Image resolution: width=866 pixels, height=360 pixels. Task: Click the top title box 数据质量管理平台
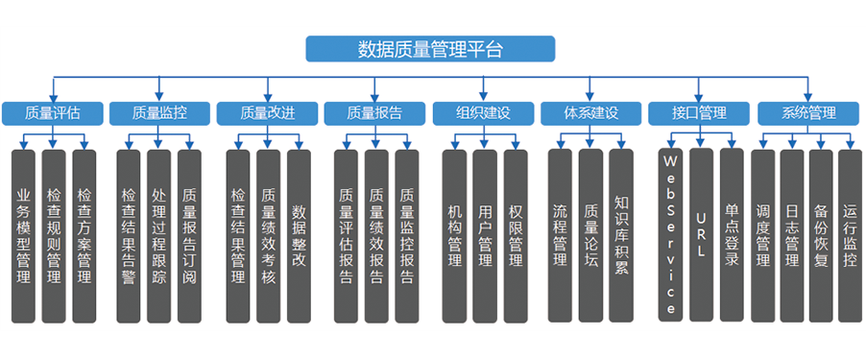click(x=430, y=49)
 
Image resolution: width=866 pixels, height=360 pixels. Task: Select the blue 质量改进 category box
click(x=268, y=113)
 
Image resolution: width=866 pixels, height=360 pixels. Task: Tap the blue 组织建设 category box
click(x=485, y=113)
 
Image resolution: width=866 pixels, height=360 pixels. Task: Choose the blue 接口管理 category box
click(x=700, y=113)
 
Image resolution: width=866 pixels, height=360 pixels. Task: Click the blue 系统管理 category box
click(x=808, y=113)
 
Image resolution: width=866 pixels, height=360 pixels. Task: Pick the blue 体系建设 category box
click(x=591, y=113)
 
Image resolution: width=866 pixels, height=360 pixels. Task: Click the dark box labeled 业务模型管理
click(x=25, y=235)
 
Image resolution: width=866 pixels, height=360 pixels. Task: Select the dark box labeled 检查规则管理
click(x=54, y=235)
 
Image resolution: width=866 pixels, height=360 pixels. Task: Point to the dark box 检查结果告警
click(x=130, y=235)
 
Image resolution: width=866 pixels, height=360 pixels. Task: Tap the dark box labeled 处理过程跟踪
click(x=159, y=235)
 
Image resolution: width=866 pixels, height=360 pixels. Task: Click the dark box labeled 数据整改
click(x=299, y=235)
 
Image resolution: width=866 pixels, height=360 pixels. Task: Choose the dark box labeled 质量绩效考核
click(x=269, y=235)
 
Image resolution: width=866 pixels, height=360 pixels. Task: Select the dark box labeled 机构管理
click(x=455, y=235)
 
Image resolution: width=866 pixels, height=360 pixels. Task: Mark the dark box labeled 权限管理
click(x=515, y=235)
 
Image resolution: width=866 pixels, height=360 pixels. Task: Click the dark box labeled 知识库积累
click(x=621, y=235)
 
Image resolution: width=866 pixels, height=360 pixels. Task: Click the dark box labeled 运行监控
click(x=850, y=235)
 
